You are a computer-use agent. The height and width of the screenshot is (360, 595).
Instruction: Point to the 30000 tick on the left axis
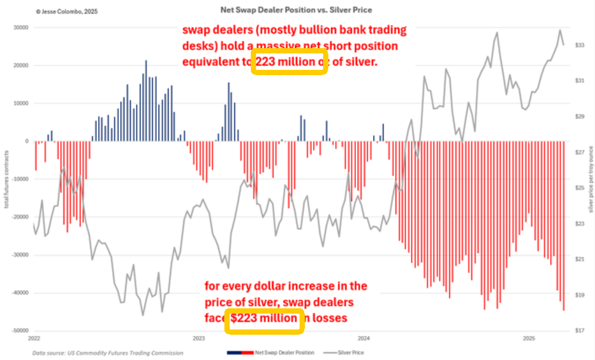[21, 27]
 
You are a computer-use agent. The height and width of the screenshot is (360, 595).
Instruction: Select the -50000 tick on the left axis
[20, 331]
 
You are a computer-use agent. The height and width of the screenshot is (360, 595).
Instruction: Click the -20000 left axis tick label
[20, 217]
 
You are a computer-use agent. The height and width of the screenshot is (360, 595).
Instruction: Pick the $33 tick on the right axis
[579, 45]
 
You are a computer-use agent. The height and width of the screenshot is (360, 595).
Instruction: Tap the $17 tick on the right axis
[579, 331]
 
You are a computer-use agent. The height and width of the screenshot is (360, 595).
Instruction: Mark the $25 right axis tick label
[579, 188]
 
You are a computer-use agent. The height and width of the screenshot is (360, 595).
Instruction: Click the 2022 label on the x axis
[34, 339]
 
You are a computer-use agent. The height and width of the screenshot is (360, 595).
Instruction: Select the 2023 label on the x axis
[199, 339]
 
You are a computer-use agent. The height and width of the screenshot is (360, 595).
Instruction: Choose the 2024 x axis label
[364, 339]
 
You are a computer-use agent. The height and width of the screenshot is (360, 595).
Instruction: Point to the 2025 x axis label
[529, 339]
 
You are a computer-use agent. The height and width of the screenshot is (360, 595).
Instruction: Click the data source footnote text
[107, 352]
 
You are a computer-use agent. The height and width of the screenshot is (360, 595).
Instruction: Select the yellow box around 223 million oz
[289, 61]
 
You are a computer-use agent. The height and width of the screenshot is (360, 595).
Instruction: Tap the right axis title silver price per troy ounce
[590, 179]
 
